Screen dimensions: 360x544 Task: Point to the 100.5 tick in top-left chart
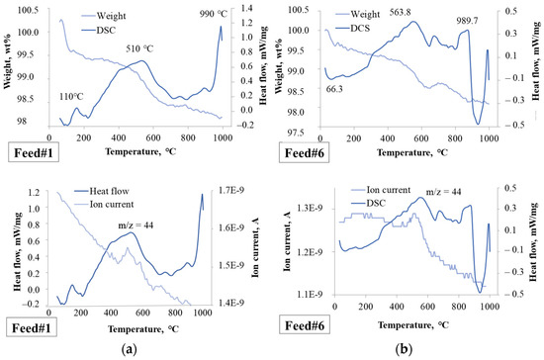(29, 9)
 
